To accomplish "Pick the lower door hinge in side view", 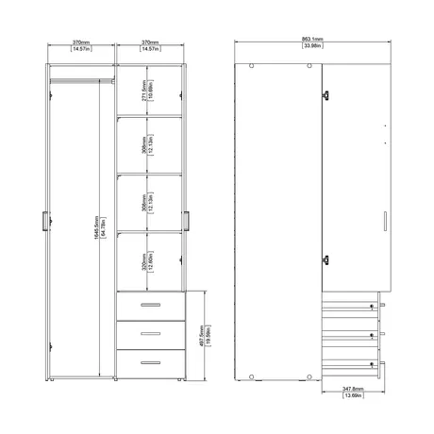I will (x=325, y=262).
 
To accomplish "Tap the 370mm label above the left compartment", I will (x=79, y=42).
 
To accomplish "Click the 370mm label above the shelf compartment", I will (x=148, y=42).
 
